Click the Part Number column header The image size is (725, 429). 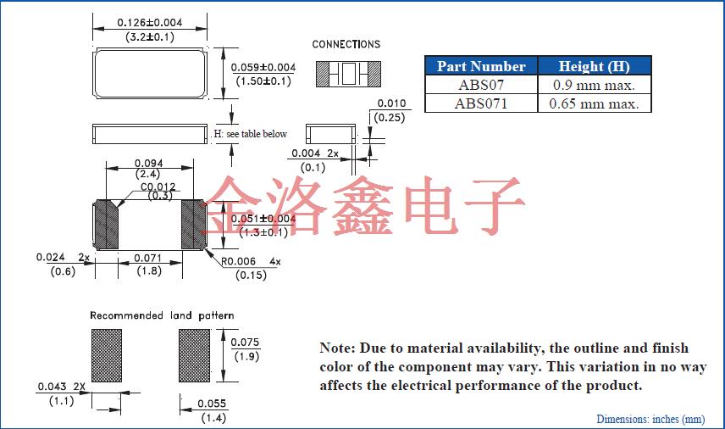pos(480,66)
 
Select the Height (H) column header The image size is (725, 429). pos(594,66)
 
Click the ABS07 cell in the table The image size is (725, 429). pos(480,85)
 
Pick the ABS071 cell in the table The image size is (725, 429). pos(480,103)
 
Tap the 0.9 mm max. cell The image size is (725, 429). pos(594,85)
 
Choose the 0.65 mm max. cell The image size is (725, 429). pos(594,103)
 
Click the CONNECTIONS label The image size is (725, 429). pos(346,44)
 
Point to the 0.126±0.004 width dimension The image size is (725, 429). pos(148,22)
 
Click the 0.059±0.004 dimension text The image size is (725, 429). pos(263,67)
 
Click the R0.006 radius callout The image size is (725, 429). pos(240,262)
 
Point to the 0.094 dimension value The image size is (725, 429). pos(148,164)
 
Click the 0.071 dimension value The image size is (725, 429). pos(148,257)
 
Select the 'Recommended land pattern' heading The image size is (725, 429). pos(162,315)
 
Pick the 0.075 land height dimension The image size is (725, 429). pos(246,343)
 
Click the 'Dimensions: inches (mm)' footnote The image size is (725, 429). pos(650,419)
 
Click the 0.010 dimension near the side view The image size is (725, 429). pos(390,103)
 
